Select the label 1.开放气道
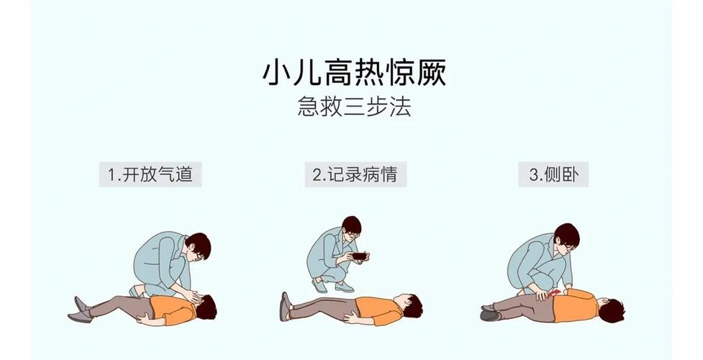150,174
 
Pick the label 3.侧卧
553,174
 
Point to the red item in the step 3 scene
555,293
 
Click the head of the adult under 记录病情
352,229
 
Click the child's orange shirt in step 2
376,309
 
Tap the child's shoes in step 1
80,309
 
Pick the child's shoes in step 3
490,312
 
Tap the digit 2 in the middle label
317,175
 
